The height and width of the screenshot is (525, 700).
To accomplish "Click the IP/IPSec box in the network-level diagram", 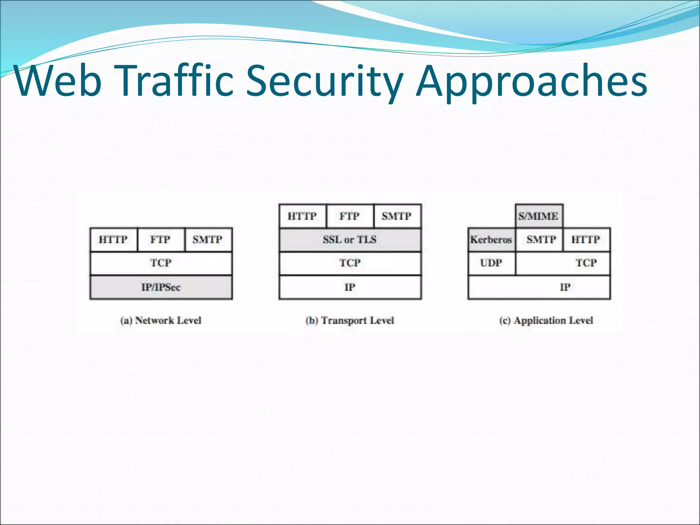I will pyautogui.click(x=161, y=287).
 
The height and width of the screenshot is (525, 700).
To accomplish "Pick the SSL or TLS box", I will pyautogui.click(x=350, y=240).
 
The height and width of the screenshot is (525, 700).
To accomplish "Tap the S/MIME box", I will pyautogui.click(x=539, y=216).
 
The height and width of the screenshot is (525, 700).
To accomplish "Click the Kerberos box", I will pyautogui.click(x=491, y=240).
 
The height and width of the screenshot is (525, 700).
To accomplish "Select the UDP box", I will pyautogui.click(x=491, y=263).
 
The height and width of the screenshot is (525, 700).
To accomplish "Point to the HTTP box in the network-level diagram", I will pyautogui.click(x=113, y=240).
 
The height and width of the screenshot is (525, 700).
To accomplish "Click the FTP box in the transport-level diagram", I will pyautogui.click(x=350, y=216).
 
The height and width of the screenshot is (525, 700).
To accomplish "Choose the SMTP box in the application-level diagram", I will pyautogui.click(x=539, y=240).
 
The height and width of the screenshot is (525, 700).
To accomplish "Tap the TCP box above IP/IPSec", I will pyautogui.click(x=161, y=263).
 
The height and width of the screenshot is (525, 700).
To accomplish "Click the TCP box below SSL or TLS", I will pyautogui.click(x=350, y=263).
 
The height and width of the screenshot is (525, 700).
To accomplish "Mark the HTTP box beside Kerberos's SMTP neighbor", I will pyautogui.click(x=586, y=240).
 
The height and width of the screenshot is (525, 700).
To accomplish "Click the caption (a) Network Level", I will pyautogui.click(x=161, y=321).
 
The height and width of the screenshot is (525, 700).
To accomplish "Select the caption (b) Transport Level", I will pyautogui.click(x=350, y=321).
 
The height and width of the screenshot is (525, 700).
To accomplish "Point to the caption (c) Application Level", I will pyautogui.click(x=546, y=321).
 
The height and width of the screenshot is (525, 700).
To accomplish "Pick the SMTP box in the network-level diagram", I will pyautogui.click(x=208, y=240).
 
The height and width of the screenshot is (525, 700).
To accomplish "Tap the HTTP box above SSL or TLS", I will pyautogui.click(x=302, y=216).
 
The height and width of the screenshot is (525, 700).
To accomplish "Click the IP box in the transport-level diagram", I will pyautogui.click(x=350, y=287).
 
